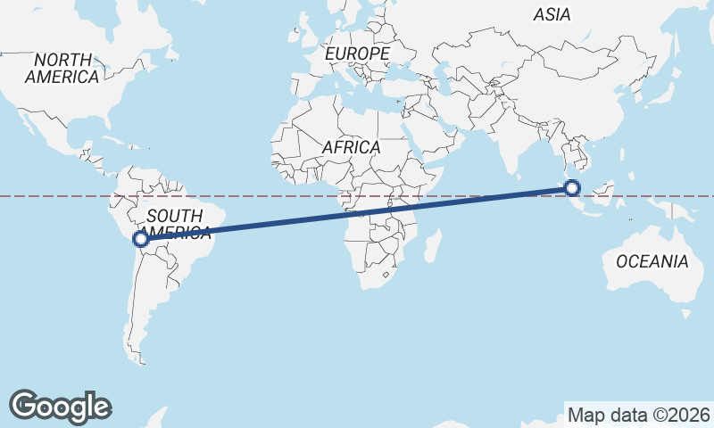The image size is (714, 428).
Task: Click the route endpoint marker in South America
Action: (140, 238)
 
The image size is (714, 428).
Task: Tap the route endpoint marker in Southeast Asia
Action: (572, 187)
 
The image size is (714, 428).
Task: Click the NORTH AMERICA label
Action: (62, 69)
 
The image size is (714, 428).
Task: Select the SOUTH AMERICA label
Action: (178, 224)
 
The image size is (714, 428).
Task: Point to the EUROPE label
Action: (357, 54)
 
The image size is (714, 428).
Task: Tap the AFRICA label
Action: (352, 147)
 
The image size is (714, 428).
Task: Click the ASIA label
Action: (552, 14)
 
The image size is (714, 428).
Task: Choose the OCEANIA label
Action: (652, 261)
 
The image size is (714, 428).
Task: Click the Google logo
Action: (60, 406)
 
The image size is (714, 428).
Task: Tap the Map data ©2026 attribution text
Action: (638, 415)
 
